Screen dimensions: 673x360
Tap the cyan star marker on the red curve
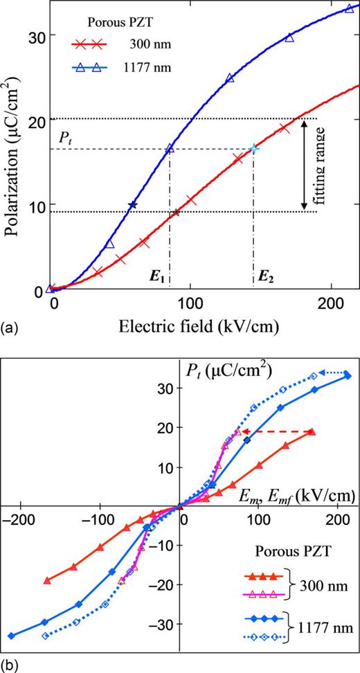click(253, 149)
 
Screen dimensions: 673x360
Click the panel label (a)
click(10, 323)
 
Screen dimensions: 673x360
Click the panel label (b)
click(10, 665)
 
